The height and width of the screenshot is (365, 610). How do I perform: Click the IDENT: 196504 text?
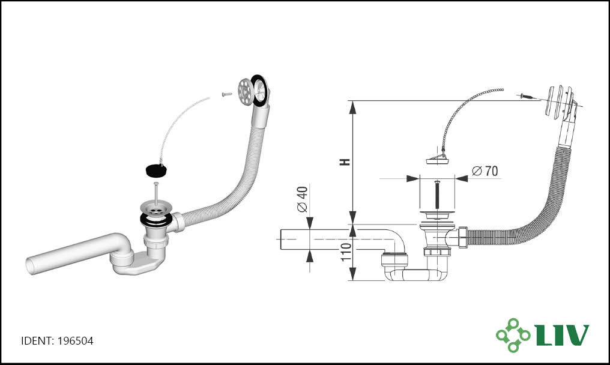tap(57, 341)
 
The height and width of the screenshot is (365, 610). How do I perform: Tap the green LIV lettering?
tap(562, 334)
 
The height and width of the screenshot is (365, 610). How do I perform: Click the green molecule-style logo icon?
tap(513, 335)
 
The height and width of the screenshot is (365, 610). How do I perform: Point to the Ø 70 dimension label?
tap(485, 171)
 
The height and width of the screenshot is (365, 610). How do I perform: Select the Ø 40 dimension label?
tap(302, 199)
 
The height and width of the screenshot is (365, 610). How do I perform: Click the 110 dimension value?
tap(346, 252)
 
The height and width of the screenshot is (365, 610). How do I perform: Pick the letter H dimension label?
tap(345, 162)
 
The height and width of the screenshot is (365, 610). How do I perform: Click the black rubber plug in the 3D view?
tap(156, 170)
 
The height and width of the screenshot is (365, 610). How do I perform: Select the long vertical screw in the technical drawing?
tap(437, 195)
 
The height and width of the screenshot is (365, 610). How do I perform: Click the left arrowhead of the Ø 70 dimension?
tap(412, 179)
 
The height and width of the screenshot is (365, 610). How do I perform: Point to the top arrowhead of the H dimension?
tap(352, 107)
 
